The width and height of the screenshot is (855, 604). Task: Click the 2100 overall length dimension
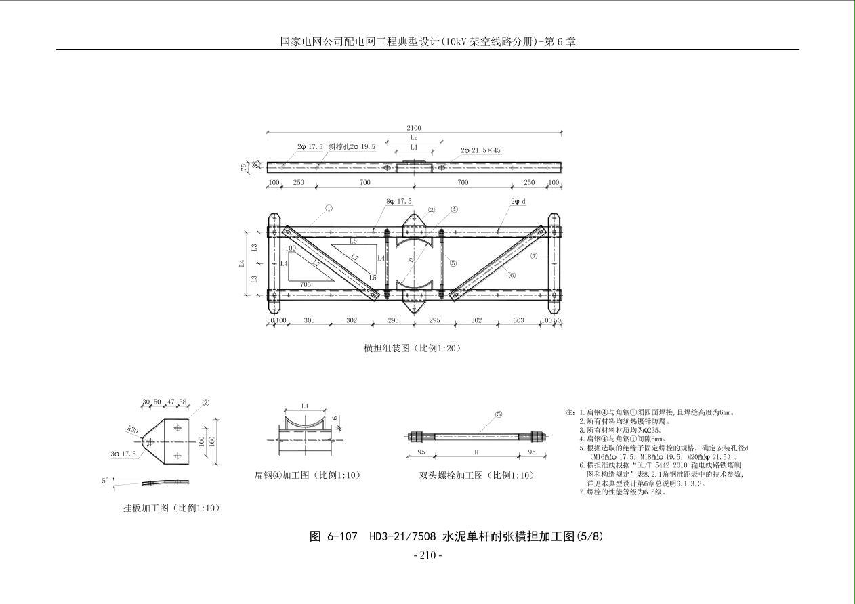(x=413, y=128)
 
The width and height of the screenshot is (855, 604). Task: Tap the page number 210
(x=427, y=556)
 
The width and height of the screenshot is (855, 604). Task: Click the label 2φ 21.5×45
(x=480, y=150)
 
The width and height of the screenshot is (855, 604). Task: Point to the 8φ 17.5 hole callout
(x=398, y=202)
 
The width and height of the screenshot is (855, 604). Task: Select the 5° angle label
(x=105, y=481)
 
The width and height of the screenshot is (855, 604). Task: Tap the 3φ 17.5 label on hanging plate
(x=123, y=454)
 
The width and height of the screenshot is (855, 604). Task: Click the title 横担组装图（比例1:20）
(x=412, y=349)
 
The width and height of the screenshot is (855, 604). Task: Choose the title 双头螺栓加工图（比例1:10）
(x=476, y=475)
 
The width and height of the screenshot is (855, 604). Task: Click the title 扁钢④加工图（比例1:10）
(x=307, y=475)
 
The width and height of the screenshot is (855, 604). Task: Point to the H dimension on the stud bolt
(x=476, y=452)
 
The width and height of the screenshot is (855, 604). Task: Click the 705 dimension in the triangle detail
(x=306, y=285)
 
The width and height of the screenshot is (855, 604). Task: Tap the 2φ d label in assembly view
(x=518, y=202)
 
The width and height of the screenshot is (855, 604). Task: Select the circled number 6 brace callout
(x=512, y=275)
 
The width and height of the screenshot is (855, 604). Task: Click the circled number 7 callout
(x=534, y=256)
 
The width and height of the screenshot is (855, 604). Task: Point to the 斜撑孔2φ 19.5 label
(x=352, y=146)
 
